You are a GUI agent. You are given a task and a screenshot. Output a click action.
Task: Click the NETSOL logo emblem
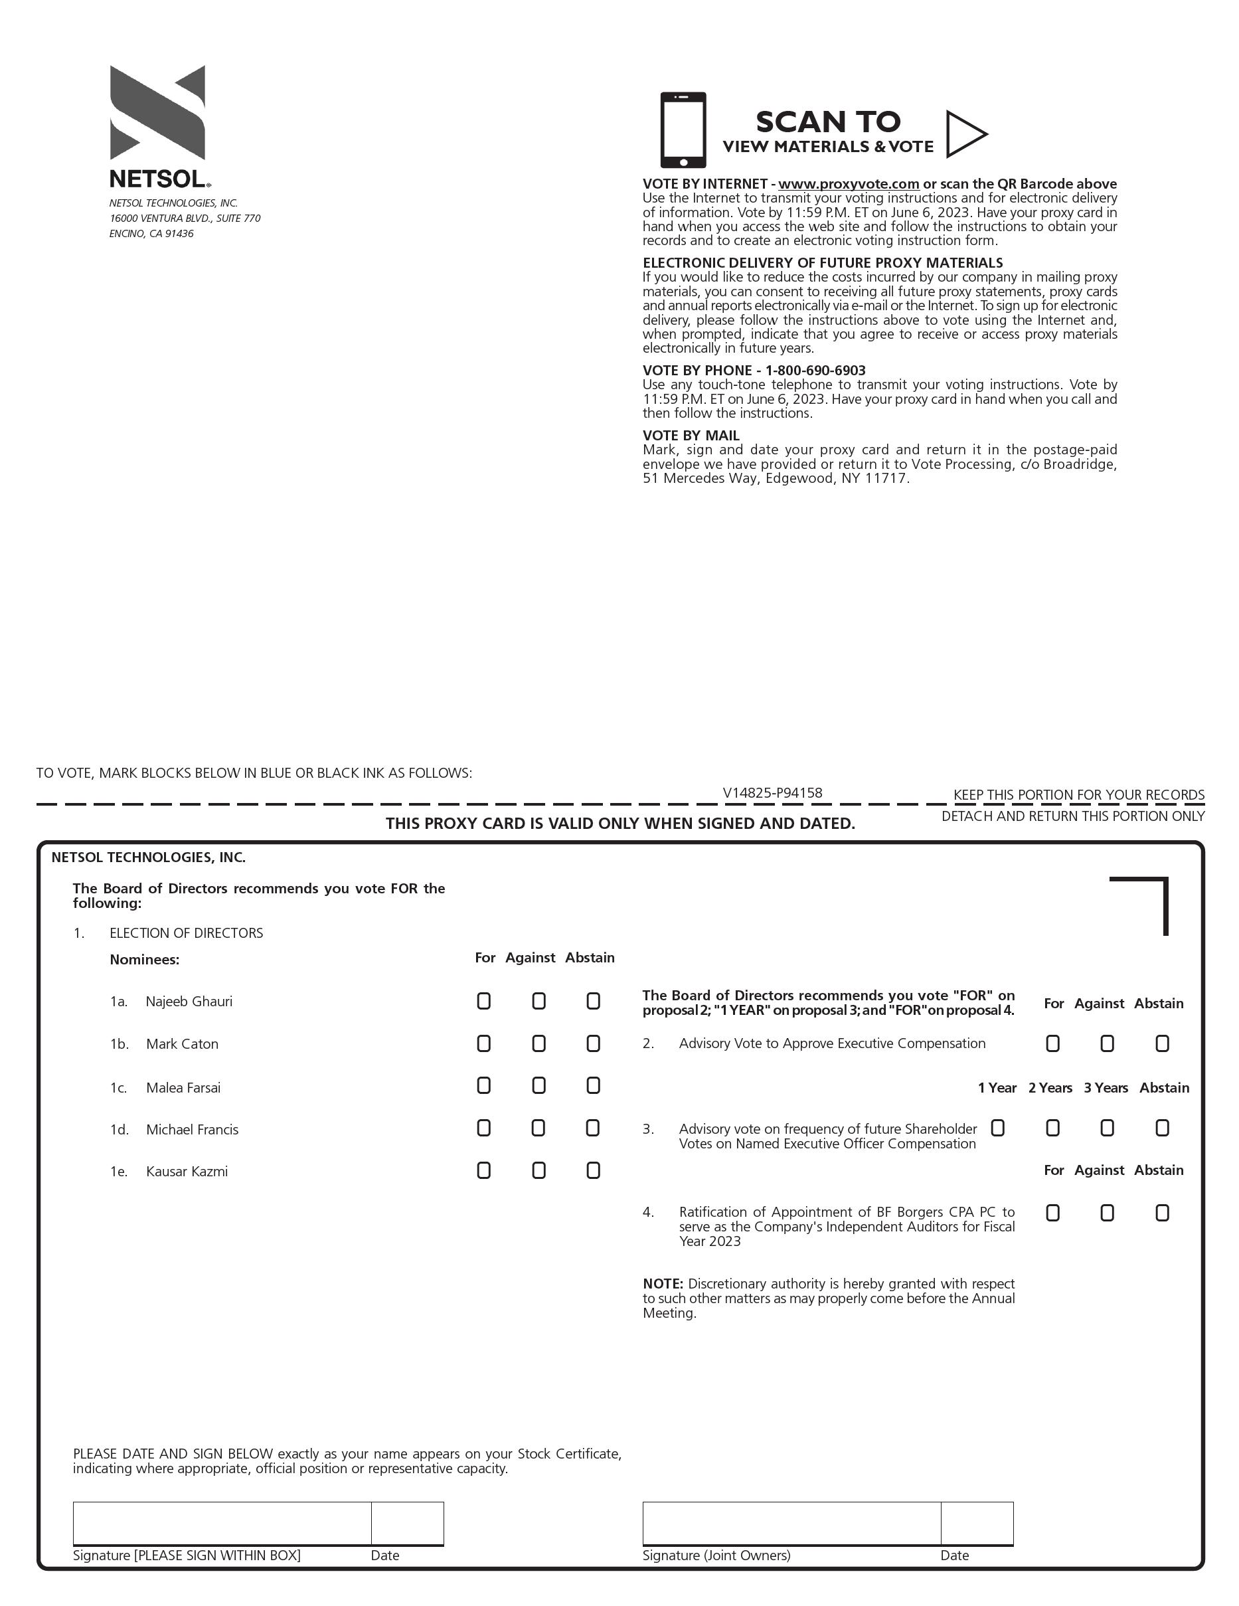(x=157, y=112)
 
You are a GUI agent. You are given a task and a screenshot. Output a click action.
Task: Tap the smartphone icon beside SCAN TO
(x=683, y=130)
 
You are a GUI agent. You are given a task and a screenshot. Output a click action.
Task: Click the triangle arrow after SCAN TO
(x=965, y=134)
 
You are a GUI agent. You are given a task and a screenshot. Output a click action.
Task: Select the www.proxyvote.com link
(x=849, y=184)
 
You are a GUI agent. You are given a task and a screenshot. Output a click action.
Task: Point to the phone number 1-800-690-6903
(x=815, y=371)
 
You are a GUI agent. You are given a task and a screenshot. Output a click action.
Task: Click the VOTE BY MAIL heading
(x=691, y=435)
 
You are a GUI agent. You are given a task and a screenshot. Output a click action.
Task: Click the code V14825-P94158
(x=772, y=793)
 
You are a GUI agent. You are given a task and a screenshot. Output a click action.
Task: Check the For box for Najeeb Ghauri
(x=484, y=1001)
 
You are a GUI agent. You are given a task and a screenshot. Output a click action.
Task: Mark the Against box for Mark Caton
(x=539, y=1043)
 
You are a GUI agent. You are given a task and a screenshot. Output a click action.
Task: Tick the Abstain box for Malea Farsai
(x=594, y=1085)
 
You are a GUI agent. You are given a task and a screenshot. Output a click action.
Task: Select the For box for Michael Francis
(x=484, y=1128)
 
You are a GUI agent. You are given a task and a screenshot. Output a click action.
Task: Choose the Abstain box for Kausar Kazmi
(x=594, y=1170)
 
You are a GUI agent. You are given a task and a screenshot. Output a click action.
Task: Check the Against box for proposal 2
(x=1107, y=1043)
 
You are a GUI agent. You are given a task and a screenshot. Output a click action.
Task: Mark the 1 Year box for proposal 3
(x=998, y=1128)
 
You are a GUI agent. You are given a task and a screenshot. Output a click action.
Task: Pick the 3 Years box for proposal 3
(x=1107, y=1128)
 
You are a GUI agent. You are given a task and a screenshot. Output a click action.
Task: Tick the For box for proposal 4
(x=1053, y=1213)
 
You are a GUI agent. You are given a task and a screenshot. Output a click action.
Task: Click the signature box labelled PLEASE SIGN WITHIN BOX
(x=222, y=1523)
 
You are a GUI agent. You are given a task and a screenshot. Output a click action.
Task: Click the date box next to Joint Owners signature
(x=977, y=1523)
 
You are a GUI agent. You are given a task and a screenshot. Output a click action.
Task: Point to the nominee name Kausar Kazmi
(x=187, y=1172)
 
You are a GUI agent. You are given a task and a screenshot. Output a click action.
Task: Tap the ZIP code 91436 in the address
(x=179, y=234)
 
